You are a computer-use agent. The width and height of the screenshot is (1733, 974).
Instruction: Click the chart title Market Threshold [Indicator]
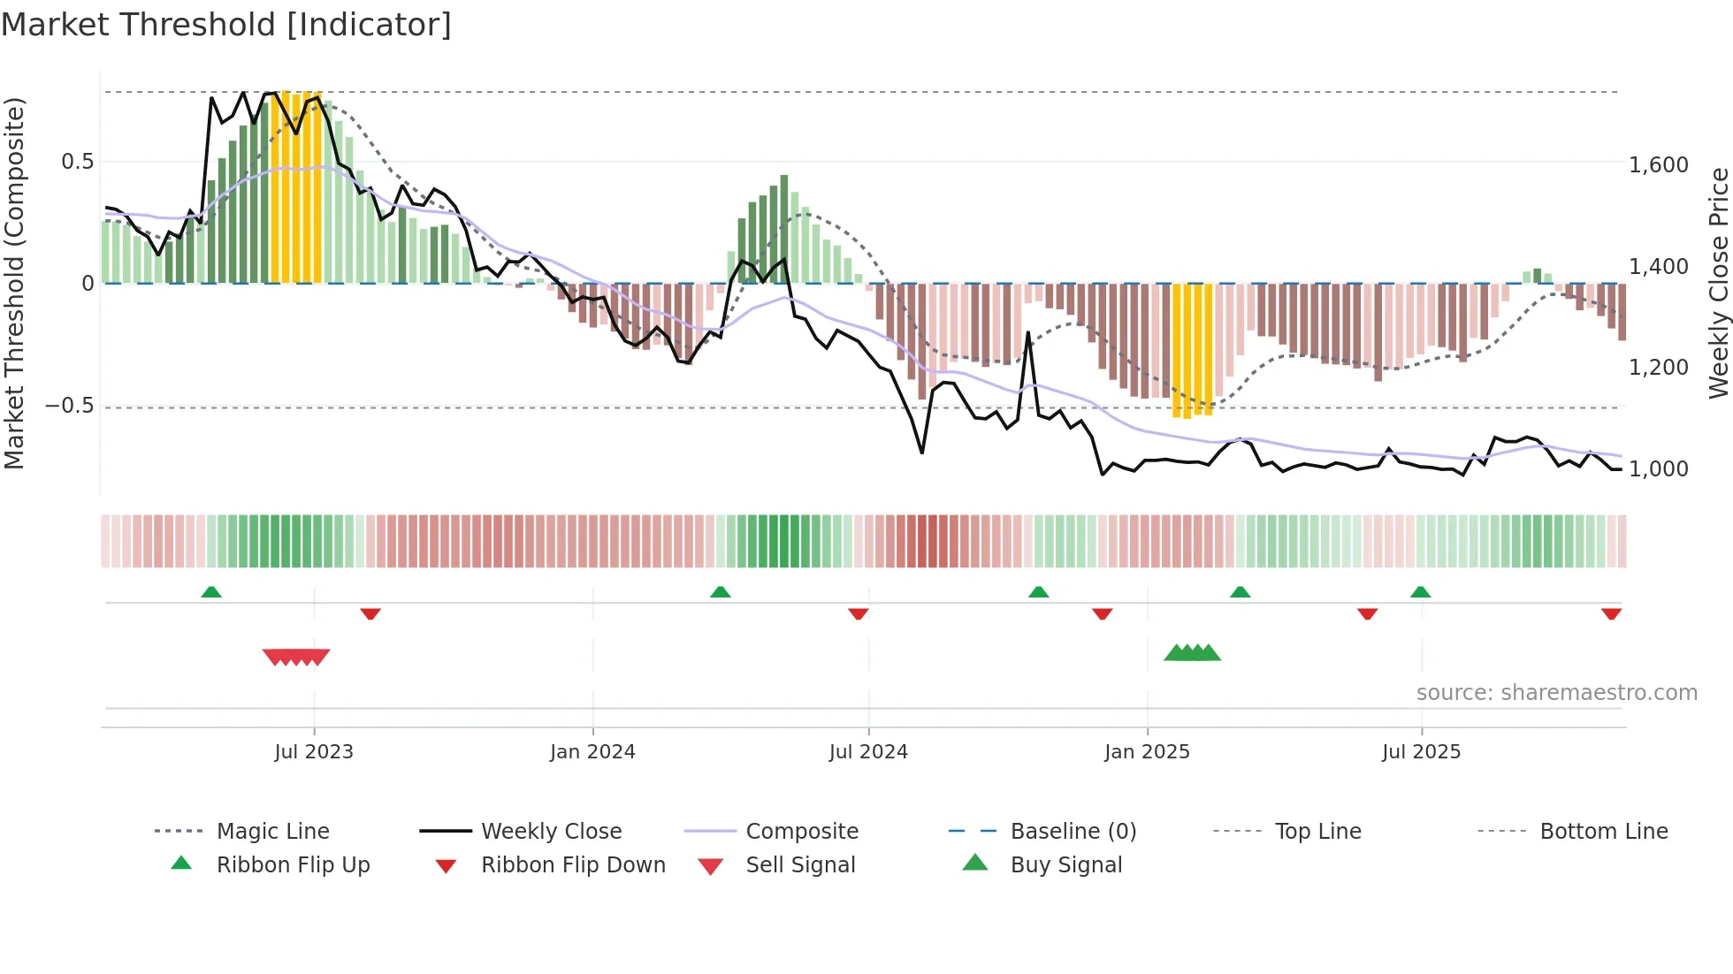coord(226,25)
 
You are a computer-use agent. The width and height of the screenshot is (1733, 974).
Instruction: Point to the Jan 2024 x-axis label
coord(592,752)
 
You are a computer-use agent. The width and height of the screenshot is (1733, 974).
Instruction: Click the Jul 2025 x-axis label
coord(1421,752)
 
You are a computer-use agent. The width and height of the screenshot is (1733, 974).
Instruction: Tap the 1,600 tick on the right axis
coord(1658,165)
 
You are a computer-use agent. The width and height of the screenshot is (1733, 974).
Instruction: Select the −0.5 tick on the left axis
coord(69,406)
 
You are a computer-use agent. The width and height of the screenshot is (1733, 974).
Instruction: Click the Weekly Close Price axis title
coord(1718,283)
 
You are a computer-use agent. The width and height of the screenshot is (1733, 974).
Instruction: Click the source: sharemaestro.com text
coord(1556,693)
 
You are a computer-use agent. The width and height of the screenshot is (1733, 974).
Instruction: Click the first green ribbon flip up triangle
coord(211,592)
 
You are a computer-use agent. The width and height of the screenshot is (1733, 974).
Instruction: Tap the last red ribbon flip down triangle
coord(1611,613)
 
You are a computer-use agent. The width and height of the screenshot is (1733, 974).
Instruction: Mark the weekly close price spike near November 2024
coord(1028,333)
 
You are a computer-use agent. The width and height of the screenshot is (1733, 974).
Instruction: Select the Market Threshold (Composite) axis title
coord(14,283)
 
